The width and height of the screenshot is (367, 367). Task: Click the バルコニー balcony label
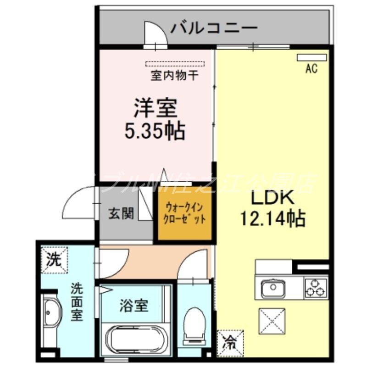coord(214,28)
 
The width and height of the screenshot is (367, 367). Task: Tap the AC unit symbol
coord(311,58)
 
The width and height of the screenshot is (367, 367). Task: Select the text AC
coord(311,69)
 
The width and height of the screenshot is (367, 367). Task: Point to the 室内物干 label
coord(174,75)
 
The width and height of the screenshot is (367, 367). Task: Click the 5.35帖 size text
coord(155,131)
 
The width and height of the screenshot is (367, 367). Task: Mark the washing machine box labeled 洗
coord(54,260)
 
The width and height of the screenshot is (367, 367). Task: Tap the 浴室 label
coord(134,306)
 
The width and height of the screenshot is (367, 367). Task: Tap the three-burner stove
coord(316,287)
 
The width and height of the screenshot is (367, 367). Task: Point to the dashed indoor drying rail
coord(174,64)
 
